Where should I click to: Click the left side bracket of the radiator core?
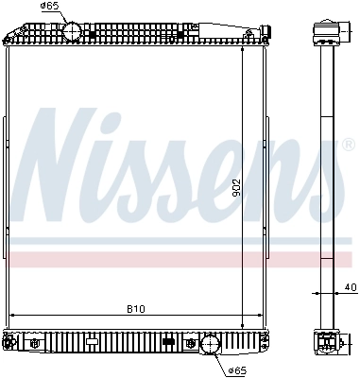click(x=7, y=189)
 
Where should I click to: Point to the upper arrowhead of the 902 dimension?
click(x=243, y=50)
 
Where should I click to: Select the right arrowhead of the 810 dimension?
click(x=264, y=315)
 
